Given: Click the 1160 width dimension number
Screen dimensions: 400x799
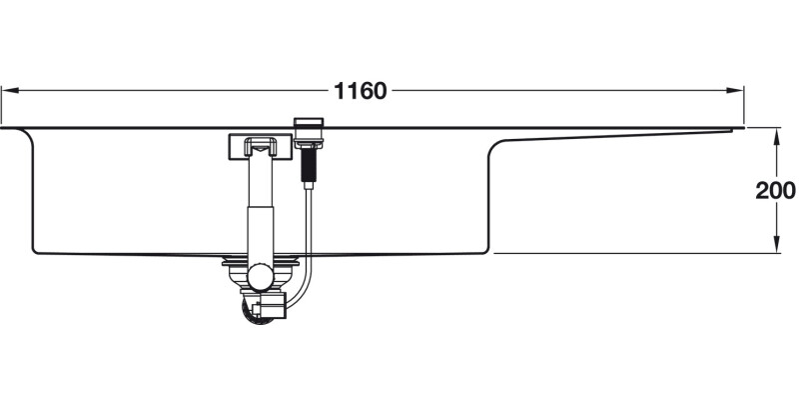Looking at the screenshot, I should click(361, 91).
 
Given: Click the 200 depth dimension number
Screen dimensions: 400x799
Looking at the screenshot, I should click(776, 191).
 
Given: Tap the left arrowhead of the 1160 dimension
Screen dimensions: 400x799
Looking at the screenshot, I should click(7, 91).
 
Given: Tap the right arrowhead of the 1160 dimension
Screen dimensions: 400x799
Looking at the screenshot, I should click(738, 91).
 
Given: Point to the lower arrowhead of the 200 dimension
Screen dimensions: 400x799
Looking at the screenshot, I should click(776, 247).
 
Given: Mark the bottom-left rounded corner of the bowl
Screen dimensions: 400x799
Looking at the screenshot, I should click(36, 247).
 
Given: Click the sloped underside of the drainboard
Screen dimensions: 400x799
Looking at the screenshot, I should click(609, 137).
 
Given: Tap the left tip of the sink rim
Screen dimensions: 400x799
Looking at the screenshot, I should click(4, 127).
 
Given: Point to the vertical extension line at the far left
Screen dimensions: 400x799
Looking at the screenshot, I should click(1, 105).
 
